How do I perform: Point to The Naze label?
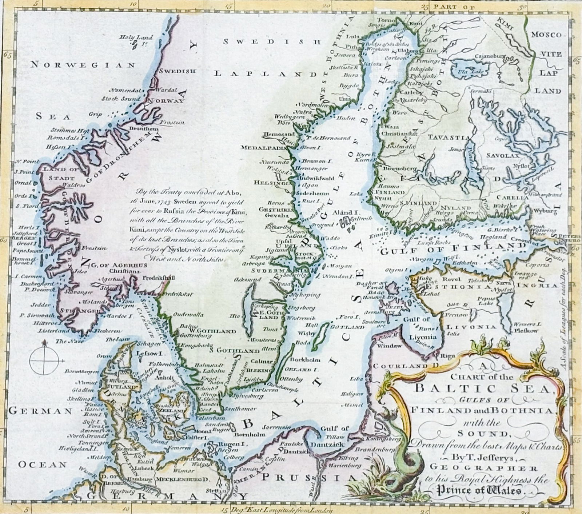(x=66, y=341)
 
